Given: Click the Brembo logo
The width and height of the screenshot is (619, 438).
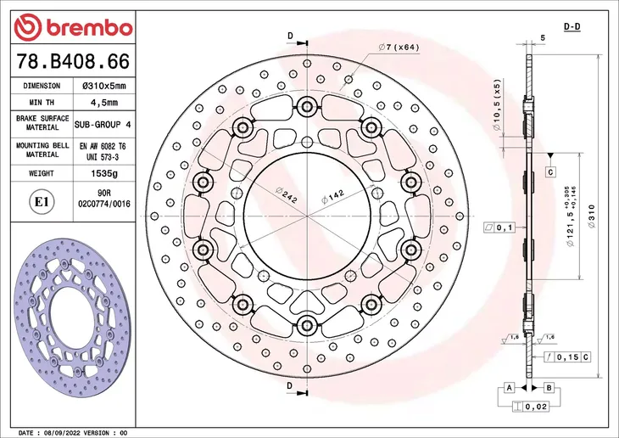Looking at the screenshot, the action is [x=73, y=27].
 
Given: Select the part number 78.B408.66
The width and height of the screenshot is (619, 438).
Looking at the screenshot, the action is [x=73, y=62].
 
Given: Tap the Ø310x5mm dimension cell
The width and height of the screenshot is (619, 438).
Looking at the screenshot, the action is [x=104, y=86].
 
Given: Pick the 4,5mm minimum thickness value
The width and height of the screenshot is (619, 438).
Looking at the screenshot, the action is [x=104, y=103].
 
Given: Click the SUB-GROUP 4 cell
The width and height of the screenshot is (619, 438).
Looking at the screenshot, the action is [x=103, y=125].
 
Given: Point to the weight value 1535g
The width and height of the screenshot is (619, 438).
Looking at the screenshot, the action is [x=104, y=173].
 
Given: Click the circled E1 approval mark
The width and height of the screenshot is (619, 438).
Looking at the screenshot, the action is [x=42, y=202].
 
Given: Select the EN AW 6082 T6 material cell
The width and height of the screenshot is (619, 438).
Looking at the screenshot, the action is [x=103, y=146].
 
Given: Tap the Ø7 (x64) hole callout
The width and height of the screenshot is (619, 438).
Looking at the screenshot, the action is [x=399, y=48].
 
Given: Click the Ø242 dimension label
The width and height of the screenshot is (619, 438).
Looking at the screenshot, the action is [x=287, y=195].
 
